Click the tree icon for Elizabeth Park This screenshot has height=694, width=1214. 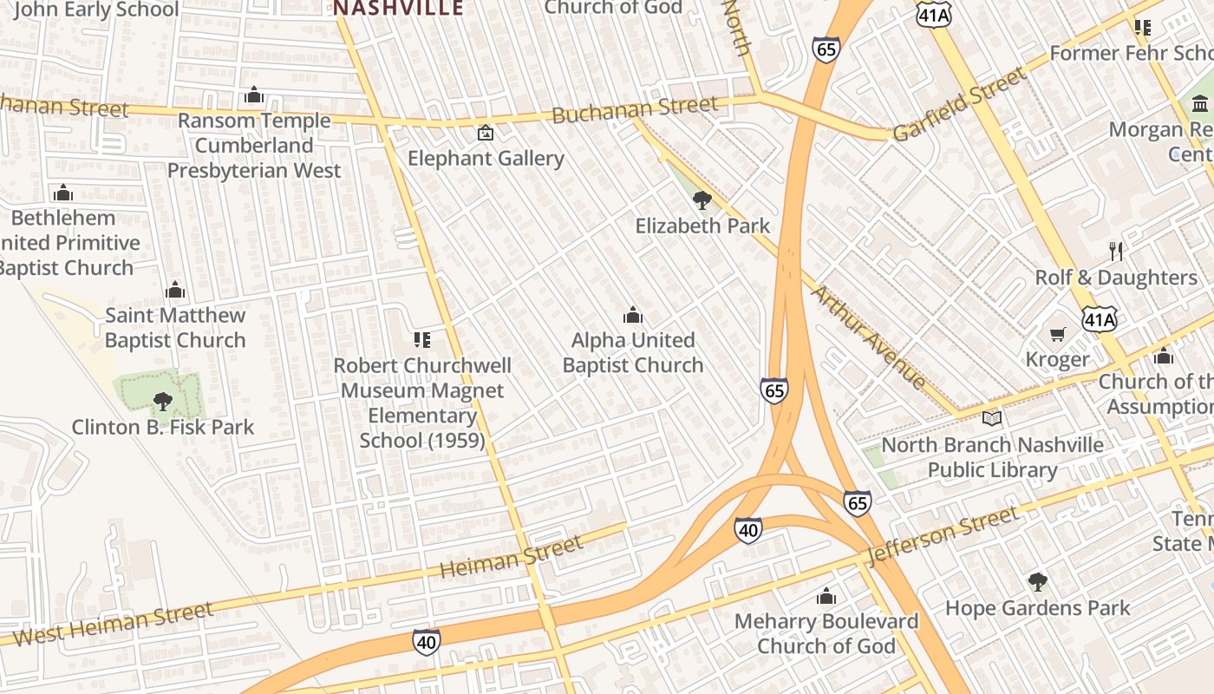[702, 200]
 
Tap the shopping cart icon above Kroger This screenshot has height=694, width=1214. [1057, 334]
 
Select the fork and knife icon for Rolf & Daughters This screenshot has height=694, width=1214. [1116, 252]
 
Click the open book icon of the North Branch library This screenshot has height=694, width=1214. [992, 418]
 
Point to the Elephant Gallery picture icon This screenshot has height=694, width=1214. [486, 133]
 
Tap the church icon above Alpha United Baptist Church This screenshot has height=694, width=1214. [633, 314]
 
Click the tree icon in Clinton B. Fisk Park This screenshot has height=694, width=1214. [162, 401]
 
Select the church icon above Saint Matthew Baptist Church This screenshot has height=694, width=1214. [175, 289]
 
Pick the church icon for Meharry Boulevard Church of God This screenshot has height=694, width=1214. [826, 596]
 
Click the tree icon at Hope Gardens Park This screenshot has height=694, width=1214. [1037, 581]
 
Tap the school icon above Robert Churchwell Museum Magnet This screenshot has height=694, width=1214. [422, 339]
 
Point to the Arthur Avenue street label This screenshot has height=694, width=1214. [868, 337]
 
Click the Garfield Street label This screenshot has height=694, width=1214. [959, 105]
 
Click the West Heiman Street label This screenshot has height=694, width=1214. [114, 625]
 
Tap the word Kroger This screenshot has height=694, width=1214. [1057, 359]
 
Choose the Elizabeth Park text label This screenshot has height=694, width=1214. [702, 226]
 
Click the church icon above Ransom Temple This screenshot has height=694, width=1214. [254, 95]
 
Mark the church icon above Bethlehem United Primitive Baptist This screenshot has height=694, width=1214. [62, 193]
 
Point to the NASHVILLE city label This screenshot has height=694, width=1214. [399, 9]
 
